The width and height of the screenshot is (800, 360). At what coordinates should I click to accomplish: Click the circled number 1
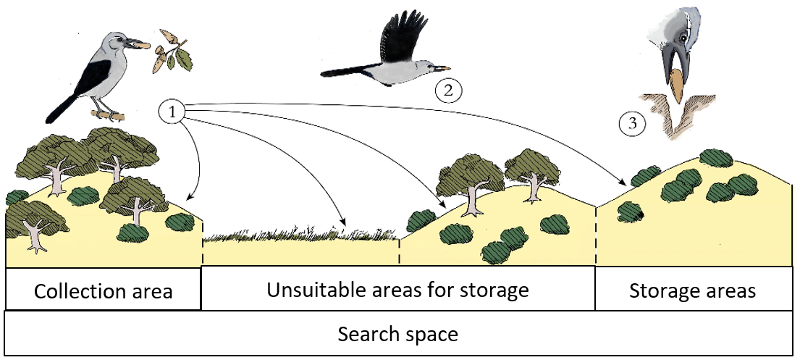[172, 112]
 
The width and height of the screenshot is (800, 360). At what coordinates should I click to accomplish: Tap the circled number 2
[448, 91]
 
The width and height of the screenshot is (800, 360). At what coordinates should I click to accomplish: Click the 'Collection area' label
[103, 292]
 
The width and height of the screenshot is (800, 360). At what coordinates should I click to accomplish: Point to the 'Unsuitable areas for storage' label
[398, 290]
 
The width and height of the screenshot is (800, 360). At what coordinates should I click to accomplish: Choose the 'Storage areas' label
[692, 290]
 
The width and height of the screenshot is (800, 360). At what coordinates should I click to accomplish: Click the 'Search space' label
[398, 335]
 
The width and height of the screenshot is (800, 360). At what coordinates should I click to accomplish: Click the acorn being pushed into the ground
[676, 85]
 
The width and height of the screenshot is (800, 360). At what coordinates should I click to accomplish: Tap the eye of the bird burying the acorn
[683, 37]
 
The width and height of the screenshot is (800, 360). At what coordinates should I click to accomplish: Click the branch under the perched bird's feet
[108, 115]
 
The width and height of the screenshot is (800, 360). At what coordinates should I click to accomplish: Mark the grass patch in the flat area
[301, 234]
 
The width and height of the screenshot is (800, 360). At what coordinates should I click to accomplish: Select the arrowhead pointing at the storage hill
[623, 183]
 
